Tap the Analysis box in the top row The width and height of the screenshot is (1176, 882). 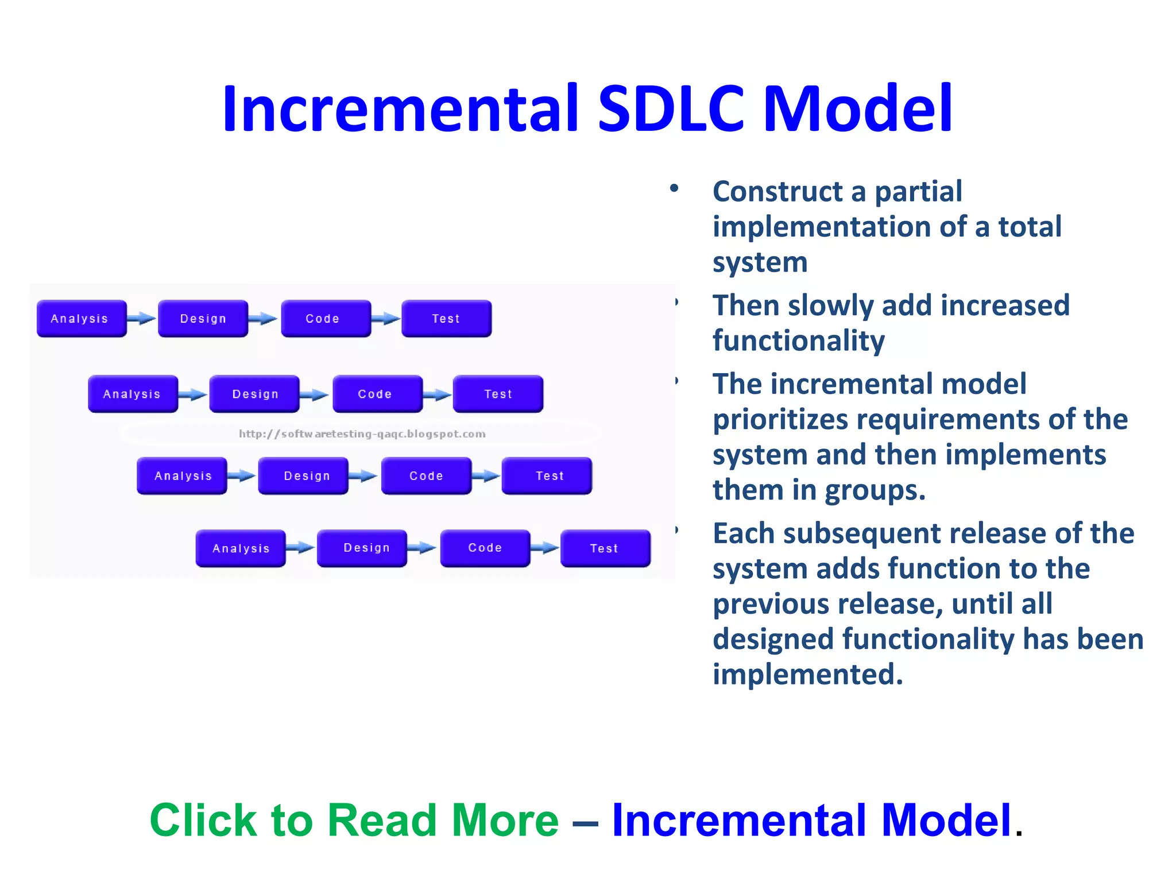[81, 318]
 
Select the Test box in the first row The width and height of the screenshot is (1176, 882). [446, 318]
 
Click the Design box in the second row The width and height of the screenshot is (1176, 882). [254, 394]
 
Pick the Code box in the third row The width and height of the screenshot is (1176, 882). [426, 475]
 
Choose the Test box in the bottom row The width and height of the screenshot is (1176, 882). [605, 548]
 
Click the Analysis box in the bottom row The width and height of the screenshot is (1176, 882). [241, 548]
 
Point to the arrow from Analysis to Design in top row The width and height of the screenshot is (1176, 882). [141, 318]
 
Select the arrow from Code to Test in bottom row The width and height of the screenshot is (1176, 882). [544, 548]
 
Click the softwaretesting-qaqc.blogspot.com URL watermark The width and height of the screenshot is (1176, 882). [362, 434]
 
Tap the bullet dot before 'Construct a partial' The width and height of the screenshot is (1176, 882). [674, 188]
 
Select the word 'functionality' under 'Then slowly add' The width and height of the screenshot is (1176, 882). [798, 341]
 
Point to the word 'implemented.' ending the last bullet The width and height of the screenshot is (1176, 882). [807, 674]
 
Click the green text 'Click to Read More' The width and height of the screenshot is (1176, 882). [354, 820]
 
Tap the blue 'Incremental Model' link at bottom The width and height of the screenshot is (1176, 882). [811, 820]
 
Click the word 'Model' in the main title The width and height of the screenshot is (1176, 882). [858, 109]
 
